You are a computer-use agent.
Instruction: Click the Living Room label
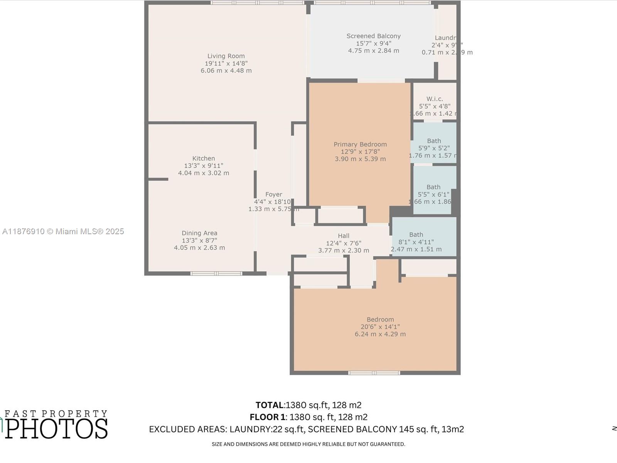pos(226,56)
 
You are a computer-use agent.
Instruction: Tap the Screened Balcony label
pos(373,36)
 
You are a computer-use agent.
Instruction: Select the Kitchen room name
pos(204,158)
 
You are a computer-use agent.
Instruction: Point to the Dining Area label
pos(199,233)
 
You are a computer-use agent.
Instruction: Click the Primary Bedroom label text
pos(360,144)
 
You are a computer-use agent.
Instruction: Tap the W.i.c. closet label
pos(435,99)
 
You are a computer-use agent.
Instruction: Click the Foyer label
pos(273,194)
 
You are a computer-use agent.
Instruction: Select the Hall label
pos(344,236)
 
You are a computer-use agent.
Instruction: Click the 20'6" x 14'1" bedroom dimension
pos(380,327)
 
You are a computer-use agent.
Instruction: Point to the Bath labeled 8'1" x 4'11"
pos(416,235)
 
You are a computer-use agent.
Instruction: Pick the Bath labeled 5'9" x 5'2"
pos(434,141)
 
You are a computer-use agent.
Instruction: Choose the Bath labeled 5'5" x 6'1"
pos(433,187)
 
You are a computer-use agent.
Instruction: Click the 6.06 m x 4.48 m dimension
pos(226,71)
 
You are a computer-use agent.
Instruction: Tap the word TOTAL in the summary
pos(270,405)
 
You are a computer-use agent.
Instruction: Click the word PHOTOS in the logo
pos(57,429)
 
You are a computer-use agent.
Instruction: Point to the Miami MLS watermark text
pos(63,231)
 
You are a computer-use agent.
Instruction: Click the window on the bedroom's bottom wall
pos(374,373)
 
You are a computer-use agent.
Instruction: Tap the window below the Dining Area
pos(216,274)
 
